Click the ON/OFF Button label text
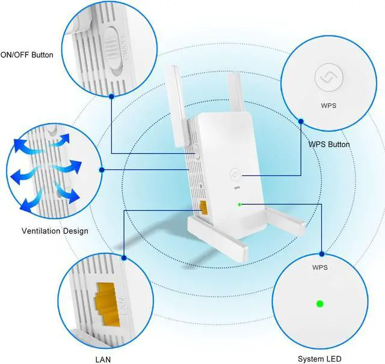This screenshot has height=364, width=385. tap(27, 55)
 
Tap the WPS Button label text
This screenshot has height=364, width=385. tap(328, 144)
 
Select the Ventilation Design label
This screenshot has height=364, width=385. tap(55, 231)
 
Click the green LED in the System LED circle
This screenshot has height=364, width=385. tap(319, 303)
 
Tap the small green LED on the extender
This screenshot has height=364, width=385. tap(239, 204)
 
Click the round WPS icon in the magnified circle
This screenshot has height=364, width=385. tap(328, 78)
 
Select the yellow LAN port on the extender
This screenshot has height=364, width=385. tap(204, 207)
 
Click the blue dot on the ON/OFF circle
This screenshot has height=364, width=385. tap(112, 96)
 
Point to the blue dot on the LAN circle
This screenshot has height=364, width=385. tap(124, 258)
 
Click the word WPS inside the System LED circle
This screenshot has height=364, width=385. tap(319, 267)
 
